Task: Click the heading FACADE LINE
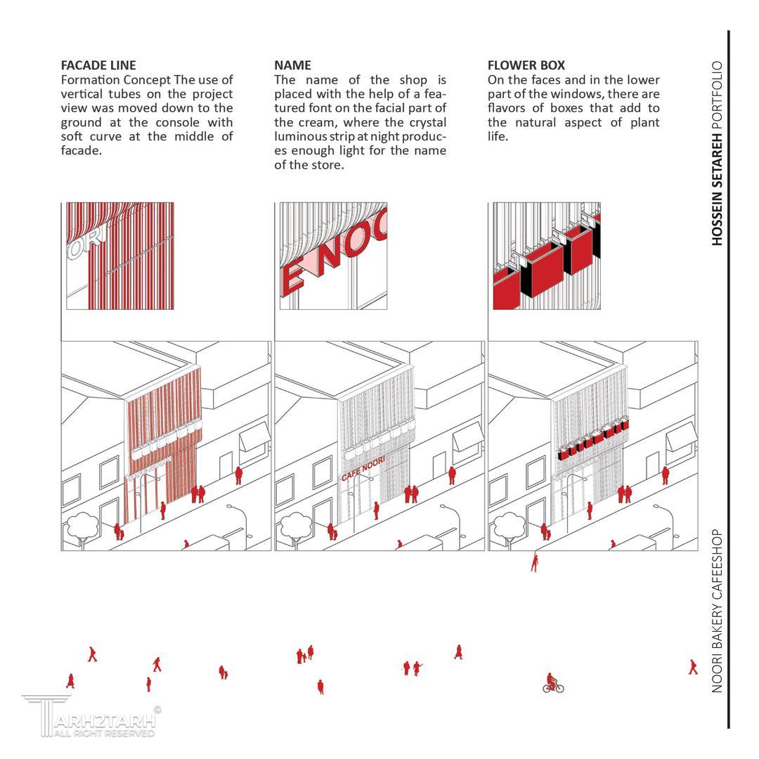point(98,65)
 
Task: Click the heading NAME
point(292,65)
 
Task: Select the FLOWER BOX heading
point(526,65)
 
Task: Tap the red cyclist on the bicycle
point(552,683)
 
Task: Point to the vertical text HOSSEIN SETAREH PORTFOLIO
point(717,153)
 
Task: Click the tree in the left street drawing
point(82,525)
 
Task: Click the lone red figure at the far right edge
point(693,666)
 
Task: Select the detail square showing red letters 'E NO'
point(333,256)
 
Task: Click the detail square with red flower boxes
point(547,256)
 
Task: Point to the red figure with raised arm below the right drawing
point(536,562)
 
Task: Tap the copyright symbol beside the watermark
point(157,710)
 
